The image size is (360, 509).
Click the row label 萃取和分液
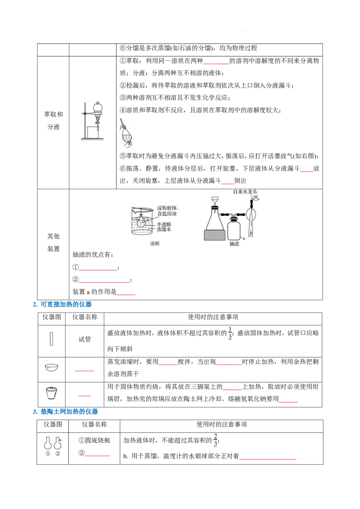(54, 121)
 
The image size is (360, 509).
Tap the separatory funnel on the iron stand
(98, 112)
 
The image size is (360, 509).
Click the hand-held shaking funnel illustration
(126, 133)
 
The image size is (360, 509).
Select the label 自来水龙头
(245, 192)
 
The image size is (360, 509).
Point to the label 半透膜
(164, 224)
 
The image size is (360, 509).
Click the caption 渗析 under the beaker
(155, 243)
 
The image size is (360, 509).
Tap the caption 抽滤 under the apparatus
(234, 244)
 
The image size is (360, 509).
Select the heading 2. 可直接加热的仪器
(62, 304)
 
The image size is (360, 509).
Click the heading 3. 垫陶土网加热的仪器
(65, 411)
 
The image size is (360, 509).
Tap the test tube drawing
(51, 339)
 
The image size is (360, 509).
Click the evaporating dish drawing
(51, 367)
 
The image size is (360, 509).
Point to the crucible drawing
(51, 393)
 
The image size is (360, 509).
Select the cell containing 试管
(85, 341)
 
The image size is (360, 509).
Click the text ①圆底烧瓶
(94, 441)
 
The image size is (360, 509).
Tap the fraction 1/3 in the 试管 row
(230, 333)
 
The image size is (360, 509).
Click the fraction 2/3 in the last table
(216, 440)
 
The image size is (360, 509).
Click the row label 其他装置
(54, 242)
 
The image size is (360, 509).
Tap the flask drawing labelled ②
(58, 442)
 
